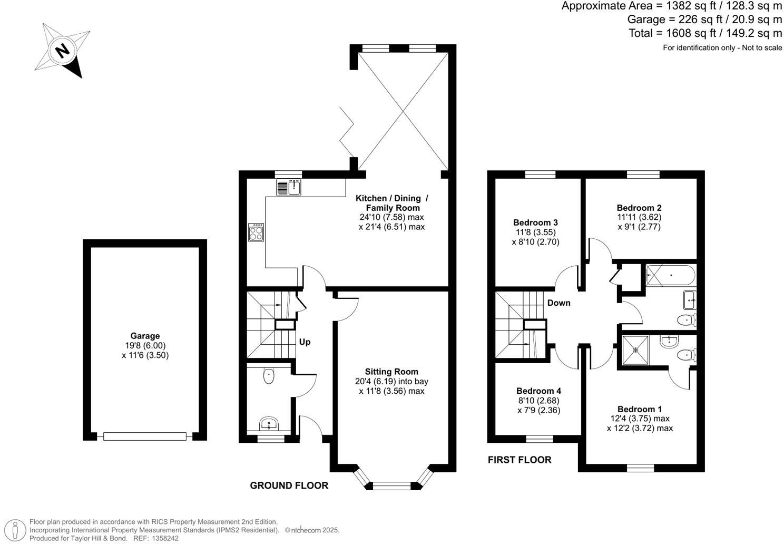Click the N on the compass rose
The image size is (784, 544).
point(63,51)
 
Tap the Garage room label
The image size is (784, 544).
point(145,336)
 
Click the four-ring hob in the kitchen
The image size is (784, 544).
point(256,232)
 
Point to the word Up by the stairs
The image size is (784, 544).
point(305,342)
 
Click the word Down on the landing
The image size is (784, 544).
point(558,303)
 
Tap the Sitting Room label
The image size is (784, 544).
point(391,372)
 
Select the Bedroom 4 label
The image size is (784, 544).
point(538,391)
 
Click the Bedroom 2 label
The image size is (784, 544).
point(639,208)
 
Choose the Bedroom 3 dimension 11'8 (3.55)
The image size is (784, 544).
point(535,232)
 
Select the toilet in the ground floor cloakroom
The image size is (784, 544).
point(269,376)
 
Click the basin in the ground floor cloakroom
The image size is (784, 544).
point(269,423)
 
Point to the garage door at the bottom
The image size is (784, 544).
point(145,436)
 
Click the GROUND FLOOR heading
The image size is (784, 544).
point(289,485)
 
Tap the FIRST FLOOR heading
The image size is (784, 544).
point(519,460)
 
